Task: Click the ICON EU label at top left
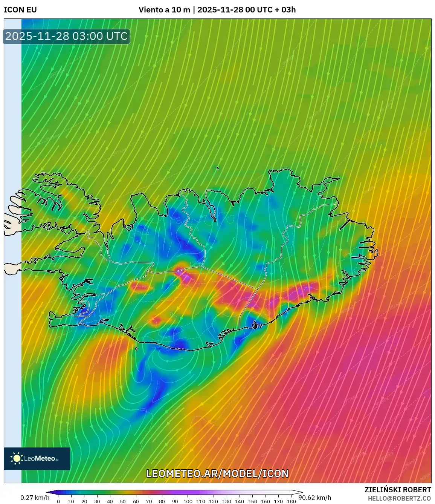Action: pos(20,10)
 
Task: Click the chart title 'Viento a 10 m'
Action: pos(164,10)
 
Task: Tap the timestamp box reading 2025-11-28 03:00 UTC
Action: pos(67,36)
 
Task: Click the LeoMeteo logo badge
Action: pos(37,458)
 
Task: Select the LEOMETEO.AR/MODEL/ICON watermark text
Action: pos(217,474)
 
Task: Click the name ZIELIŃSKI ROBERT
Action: pos(398,490)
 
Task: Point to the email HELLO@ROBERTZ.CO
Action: pos(399,498)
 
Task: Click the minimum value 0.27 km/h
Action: pos(35,498)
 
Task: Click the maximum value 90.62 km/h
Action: pos(315,498)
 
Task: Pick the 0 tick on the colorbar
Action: pos(58,501)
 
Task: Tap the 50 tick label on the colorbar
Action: pos(123,501)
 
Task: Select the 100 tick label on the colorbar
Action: pos(188,501)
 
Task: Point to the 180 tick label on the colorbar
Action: pos(291,501)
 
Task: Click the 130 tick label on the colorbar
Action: pos(226,501)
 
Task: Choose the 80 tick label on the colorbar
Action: pos(162,501)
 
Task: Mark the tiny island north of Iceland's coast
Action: pos(218,169)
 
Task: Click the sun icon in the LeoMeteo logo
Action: pos(17,458)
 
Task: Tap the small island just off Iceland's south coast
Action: pos(136,349)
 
